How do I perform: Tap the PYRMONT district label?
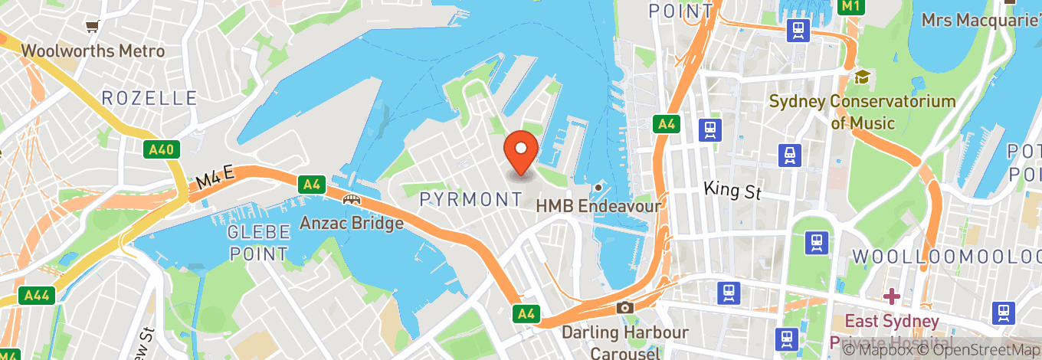pos(471,200)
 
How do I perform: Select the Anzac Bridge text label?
pos(351,224)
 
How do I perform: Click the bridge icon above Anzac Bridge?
pos(352,200)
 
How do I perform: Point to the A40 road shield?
pos(161,149)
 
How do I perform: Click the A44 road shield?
pos(37,296)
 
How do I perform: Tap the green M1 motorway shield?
pos(850,6)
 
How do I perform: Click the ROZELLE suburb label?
pos(149,98)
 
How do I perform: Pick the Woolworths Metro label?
pos(93,51)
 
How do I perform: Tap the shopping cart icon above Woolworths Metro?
pos(93,28)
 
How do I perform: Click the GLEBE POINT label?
pos(258,243)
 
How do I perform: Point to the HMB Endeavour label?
pos(598,205)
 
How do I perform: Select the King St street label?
pos(732,190)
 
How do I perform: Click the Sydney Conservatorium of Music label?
pos(862,112)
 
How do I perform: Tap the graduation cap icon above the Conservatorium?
pos(863,77)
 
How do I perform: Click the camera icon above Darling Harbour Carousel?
pos(625,308)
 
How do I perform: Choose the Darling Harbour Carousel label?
pos(625,342)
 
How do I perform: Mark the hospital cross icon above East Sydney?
pos(891,296)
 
